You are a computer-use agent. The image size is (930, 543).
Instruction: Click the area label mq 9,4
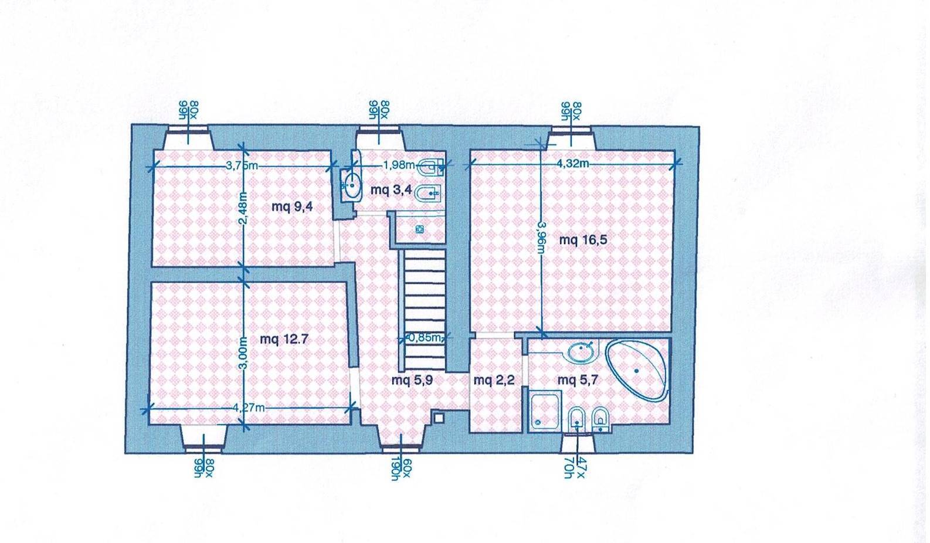(292, 206)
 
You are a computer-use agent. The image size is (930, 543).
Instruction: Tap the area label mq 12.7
(284, 340)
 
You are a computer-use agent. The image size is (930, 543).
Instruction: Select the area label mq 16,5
(583, 240)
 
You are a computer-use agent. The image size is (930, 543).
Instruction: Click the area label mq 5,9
(412, 381)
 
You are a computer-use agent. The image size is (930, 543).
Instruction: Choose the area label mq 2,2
(494, 381)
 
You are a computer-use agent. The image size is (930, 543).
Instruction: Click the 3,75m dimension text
(242, 166)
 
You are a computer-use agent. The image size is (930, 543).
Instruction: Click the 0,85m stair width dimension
(424, 338)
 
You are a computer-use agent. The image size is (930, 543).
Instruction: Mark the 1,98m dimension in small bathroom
(399, 165)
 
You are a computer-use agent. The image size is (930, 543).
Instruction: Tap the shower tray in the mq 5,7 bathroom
(545, 412)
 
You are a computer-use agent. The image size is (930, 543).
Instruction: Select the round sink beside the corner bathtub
(581, 352)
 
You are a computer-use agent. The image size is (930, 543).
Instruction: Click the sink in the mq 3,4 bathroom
(351, 185)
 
